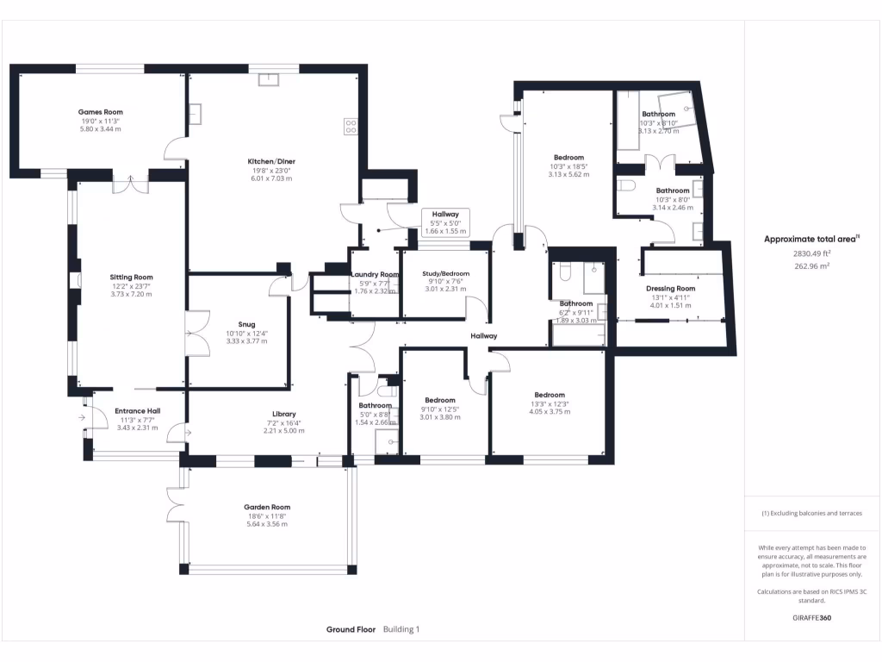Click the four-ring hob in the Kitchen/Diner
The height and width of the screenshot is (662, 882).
coord(351,126)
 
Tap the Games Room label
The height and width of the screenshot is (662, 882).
coord(101,112)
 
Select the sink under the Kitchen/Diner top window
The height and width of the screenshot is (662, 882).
coord(273,80)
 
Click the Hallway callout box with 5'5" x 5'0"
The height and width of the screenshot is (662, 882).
coord(445,222)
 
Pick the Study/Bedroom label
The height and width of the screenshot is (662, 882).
coord(445,274)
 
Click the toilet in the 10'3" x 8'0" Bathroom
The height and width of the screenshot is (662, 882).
coord(626,185)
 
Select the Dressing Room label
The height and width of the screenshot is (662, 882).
coord(670,289)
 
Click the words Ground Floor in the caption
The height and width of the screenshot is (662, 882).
coord(351,630)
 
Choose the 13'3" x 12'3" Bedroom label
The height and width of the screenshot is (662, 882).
coord(549,395)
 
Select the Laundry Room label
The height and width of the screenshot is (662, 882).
coord(376,274)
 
